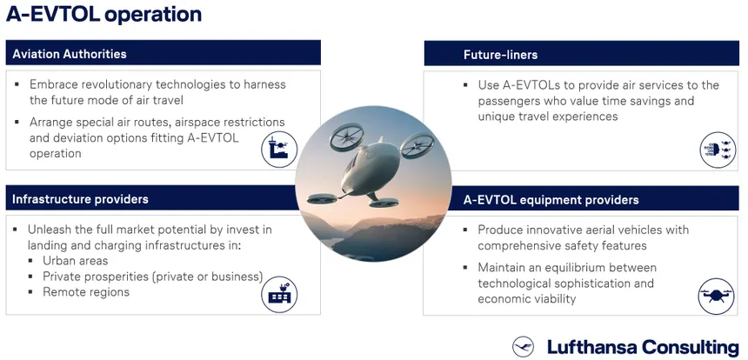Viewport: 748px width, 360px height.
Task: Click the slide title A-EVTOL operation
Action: click(x=104, y=15)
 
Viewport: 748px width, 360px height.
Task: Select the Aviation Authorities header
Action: click(x=70, y=54)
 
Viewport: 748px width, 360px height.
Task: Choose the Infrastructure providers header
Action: click(x=80, y=199)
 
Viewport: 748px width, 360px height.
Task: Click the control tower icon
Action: click(x=279, y=150)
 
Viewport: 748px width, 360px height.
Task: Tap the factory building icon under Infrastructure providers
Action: click(x=279, y=295)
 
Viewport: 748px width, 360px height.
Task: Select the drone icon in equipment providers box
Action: click(x=717, y=296)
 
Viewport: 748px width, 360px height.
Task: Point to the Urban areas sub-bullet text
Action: click(x=76, y=261)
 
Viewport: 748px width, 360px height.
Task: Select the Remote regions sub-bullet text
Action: click(x=86, y=292)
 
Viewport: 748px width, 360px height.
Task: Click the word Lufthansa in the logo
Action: click(x=589, y=347)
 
